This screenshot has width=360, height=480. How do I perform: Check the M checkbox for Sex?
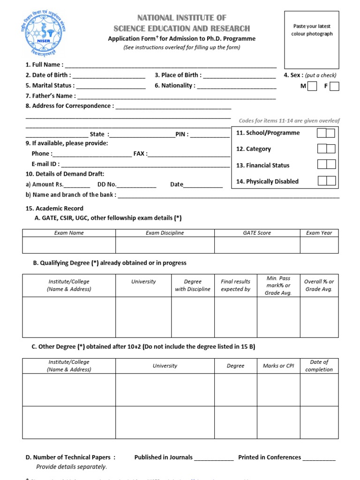coord(313,86)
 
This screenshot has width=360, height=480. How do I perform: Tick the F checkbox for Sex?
coord(334,86)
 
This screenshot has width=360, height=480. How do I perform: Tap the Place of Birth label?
coord(178,75)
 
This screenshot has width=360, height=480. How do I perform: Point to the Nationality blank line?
coord(236,86)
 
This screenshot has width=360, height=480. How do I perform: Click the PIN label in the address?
coord(182,134)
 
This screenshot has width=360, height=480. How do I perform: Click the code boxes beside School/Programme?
coord(326,133)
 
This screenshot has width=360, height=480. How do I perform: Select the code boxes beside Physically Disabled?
coord(327,181)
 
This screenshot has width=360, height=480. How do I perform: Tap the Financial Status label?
coord(263,165)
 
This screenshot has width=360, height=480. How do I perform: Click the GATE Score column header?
coord(257,233)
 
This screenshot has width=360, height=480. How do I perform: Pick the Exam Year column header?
coord(319,233)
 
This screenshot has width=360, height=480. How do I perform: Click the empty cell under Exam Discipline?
coord(165,245)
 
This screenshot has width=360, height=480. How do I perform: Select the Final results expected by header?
coord(235,285)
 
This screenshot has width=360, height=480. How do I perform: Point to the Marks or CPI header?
coord(278,366)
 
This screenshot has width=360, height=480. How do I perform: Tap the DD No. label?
coord(106,185)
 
